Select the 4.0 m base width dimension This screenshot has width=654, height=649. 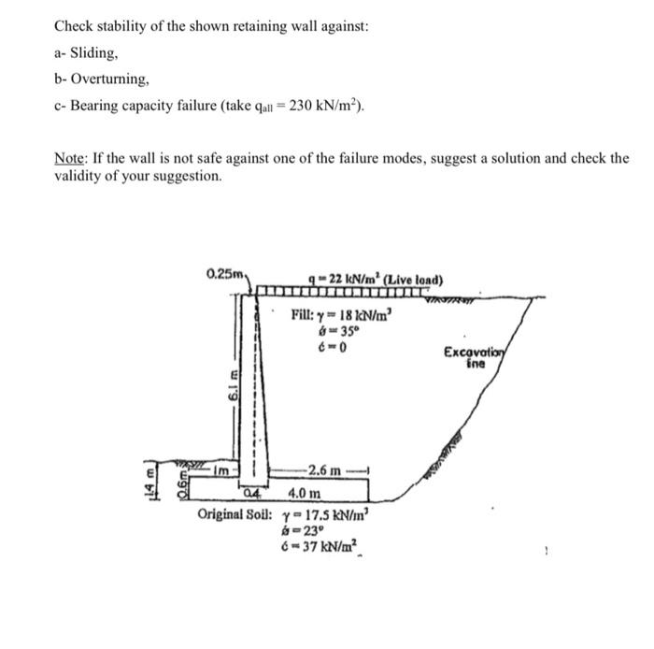305,493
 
